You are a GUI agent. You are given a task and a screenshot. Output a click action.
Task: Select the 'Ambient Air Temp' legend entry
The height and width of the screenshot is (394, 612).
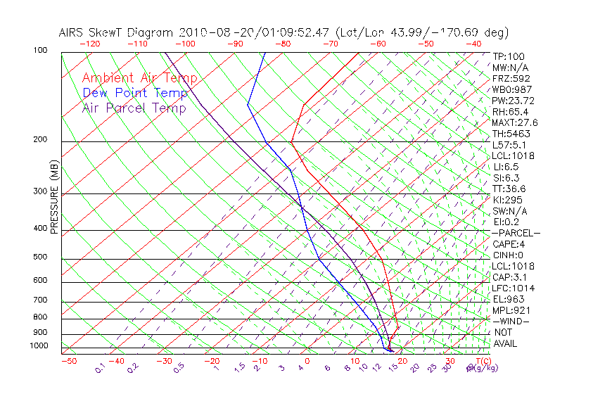139,78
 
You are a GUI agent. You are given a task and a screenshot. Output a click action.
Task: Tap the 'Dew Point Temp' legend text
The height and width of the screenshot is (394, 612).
135,93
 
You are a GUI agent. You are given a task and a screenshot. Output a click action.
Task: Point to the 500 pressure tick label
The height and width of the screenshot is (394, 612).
40,258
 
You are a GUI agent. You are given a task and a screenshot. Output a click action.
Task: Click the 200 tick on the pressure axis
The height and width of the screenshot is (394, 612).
40,140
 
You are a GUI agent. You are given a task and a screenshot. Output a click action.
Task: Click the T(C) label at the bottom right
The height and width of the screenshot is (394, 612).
482,362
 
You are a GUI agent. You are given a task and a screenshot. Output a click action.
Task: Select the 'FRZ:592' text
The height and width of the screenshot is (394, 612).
511,78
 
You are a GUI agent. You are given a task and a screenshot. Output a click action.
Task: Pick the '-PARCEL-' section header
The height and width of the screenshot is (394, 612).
516,233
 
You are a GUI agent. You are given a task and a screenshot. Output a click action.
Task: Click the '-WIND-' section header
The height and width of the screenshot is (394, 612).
511,321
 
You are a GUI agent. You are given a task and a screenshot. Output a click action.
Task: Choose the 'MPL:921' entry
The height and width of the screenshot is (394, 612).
511,310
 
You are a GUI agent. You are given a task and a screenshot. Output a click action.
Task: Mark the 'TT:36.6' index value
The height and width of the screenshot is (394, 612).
509,189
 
